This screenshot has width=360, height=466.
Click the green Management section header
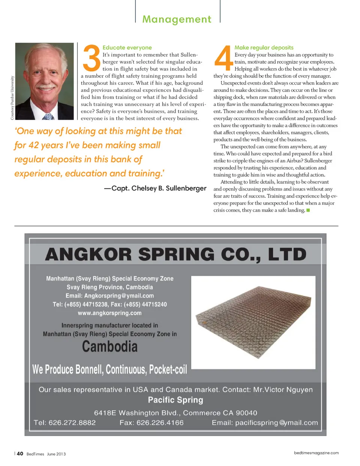tap(177, 19)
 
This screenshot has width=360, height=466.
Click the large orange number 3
tap(91, 58)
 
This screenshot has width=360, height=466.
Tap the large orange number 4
tap(223, 58)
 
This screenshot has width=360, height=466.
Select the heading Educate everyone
tap(127, 48)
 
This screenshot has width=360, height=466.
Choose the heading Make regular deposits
tap(264, 48)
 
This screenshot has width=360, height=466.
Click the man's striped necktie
tap(48, 117)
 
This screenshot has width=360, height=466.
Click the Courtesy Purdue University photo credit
tap(12, 98)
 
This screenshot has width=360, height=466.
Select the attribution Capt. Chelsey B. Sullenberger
tap(159, 188)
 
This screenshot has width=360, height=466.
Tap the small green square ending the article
tap(308, 210)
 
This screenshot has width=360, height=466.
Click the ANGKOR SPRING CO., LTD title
tap(175, 254)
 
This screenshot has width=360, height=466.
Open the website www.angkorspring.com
tap(109, 313)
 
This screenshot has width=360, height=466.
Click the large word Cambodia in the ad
tap(110, 346)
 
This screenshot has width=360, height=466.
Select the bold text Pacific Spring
tap(175, 400)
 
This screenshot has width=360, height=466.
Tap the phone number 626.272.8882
tap(72, 423)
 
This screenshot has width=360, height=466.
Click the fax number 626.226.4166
tap(160, 423)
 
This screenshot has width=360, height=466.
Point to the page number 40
tap(20, 454)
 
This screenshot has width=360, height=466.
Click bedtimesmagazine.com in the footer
tap(316, 453)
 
